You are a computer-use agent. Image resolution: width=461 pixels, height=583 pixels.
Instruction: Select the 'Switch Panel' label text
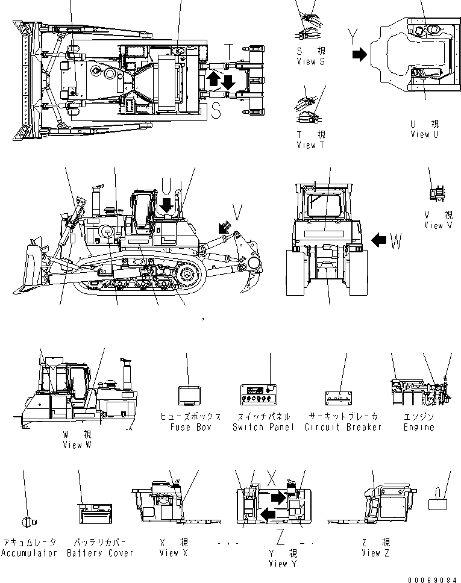point(263,427)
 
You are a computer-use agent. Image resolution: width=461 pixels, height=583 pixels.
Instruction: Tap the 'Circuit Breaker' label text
point(343,427)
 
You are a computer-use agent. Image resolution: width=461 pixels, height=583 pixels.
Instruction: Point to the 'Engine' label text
point(418,427)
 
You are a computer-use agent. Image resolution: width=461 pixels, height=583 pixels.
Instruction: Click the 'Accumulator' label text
point(29,553)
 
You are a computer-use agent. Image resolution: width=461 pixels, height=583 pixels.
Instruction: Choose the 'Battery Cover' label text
point(99,553)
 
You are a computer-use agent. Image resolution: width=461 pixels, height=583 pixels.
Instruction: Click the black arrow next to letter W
point(379,241)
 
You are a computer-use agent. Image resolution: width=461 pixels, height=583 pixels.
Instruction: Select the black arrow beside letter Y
point(359,55)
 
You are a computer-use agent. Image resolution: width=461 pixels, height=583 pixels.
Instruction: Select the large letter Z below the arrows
point(280,535)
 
